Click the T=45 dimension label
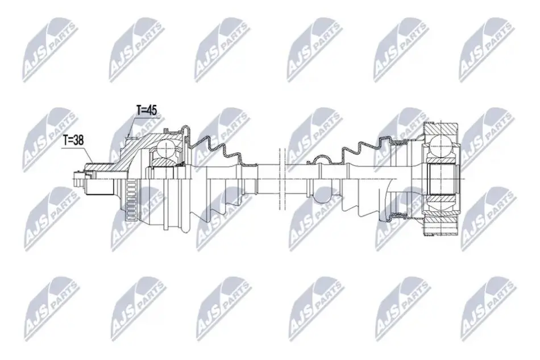tap(147, 110)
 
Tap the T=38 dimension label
tap(73, 140)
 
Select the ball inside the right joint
tap(441, 146)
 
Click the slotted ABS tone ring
tap(130, 200)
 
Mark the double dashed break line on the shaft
tap(282, 179)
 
